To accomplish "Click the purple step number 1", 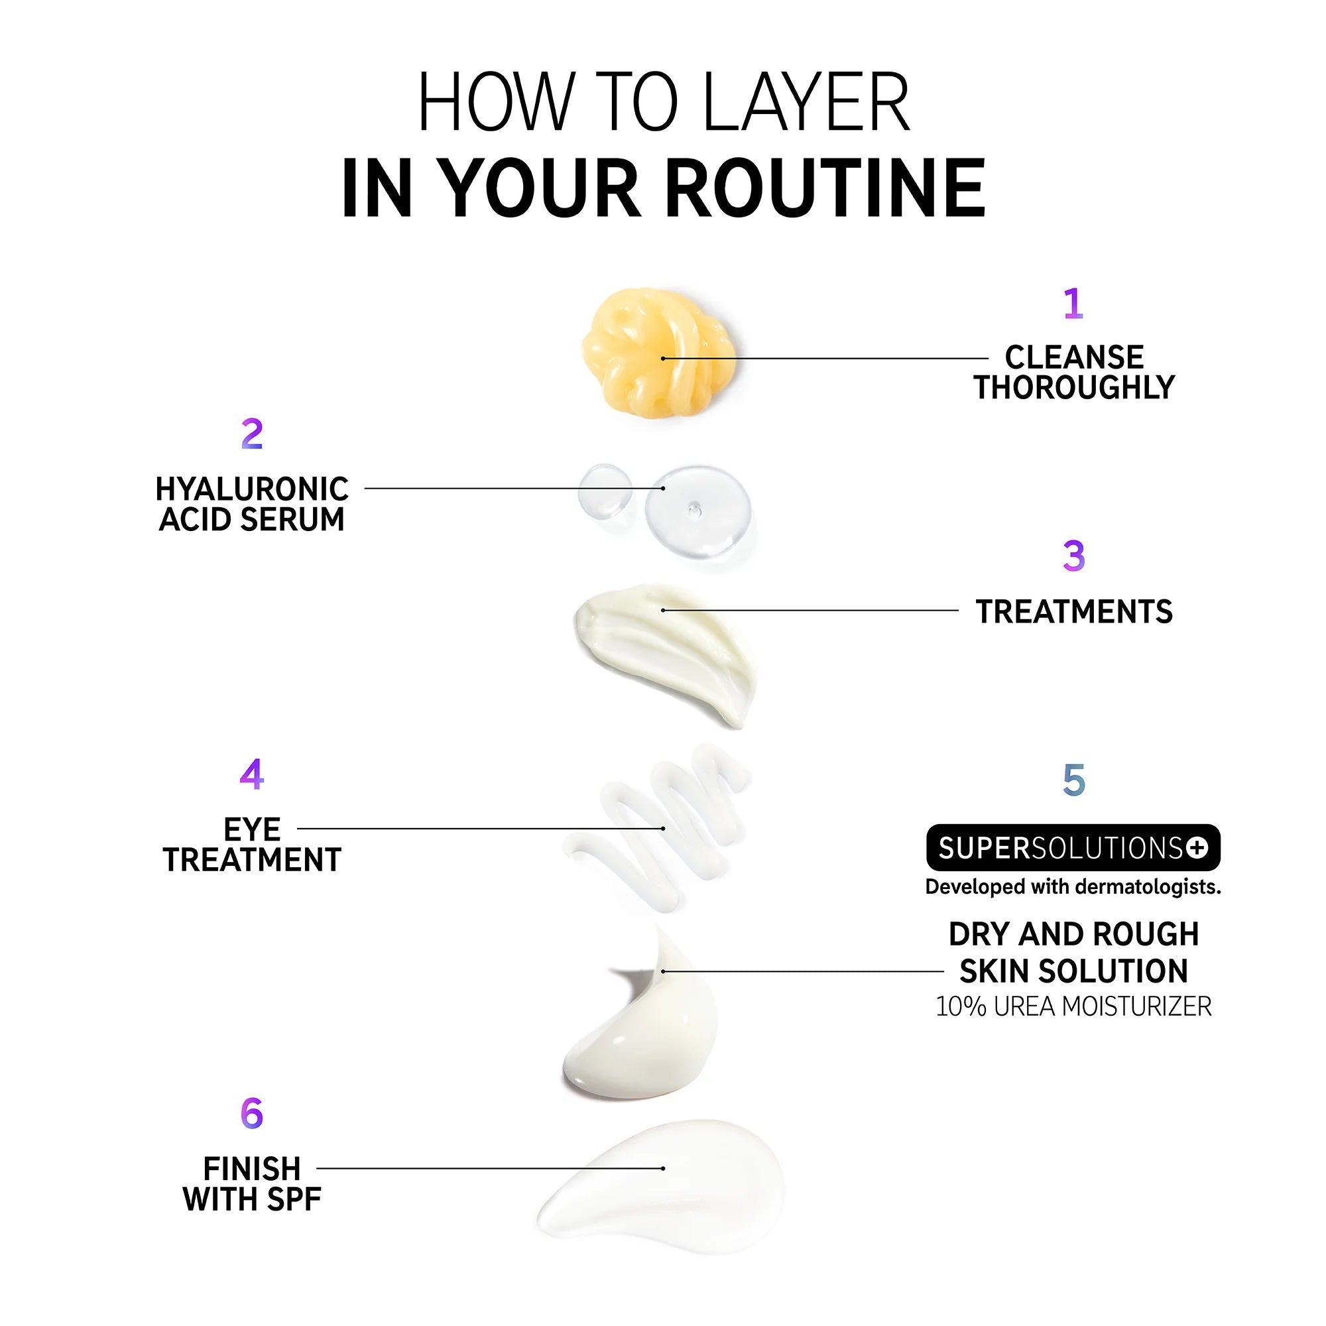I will pyautogui.click(x=1073, y=304).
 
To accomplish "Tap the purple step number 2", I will pyautogui.click(x=252, y=434).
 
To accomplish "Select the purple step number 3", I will pyautogui.click(x=1074, y=556).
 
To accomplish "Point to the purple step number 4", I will pyautogui.click(x=252, y=774).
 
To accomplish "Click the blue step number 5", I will pyautogui.click(x=1074, y=780).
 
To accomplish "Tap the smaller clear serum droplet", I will pyautogui.click(x=604, y=490).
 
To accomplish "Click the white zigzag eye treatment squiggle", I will pyautogui.click(x=659, y=823).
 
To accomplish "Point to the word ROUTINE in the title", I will pyautogui.click(x=825, y=188).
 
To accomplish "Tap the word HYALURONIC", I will pyautogui.click(x=252, y=489).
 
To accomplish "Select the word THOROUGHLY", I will pyautogui.click(x=1074, y=388).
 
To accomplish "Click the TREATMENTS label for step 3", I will pyautogui.click(x=1074, y=611).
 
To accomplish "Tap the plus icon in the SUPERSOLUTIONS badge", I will pyautogui.click(x=1196, y=849).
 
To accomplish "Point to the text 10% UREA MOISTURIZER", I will pyautogui.click(x=1073, y=1007).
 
